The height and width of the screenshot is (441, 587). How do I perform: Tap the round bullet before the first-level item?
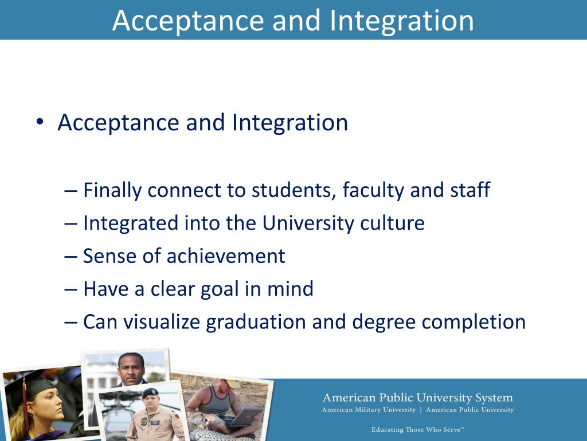coord(40,122)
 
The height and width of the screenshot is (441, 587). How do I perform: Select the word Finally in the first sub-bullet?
coord(112,190)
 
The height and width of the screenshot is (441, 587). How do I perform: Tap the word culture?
coord(392,223)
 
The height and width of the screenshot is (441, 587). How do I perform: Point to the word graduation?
coord(256,322)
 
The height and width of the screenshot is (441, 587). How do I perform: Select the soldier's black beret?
coord(150,392)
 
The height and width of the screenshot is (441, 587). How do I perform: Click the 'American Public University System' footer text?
coord(417,398)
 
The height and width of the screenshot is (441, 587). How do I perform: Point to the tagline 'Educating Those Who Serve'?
coord(417,430)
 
